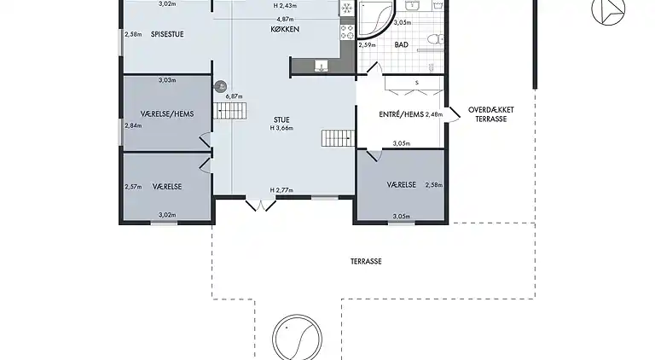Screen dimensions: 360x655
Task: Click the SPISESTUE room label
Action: pos(168,34)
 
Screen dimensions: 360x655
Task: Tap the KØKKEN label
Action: pos(284,29)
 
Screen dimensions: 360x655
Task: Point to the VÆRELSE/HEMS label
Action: pos(167,113)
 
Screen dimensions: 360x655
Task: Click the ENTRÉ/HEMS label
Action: pos(400,113)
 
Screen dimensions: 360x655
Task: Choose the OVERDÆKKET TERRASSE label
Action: pos(490,114)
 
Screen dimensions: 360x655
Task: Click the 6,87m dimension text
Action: pos(235,96)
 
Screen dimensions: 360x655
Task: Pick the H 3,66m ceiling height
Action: pos(282,128)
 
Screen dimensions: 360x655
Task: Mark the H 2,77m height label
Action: pos(282,189)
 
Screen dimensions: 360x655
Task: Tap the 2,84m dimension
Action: pos(133,125)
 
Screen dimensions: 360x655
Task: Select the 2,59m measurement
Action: pos(367,44)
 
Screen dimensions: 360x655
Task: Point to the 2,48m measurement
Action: pos(434,113)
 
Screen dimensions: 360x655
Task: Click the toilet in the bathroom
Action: pos(432,38)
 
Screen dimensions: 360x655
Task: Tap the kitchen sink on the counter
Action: pos(321,67)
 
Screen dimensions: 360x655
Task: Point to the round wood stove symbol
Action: pos(220,86)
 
